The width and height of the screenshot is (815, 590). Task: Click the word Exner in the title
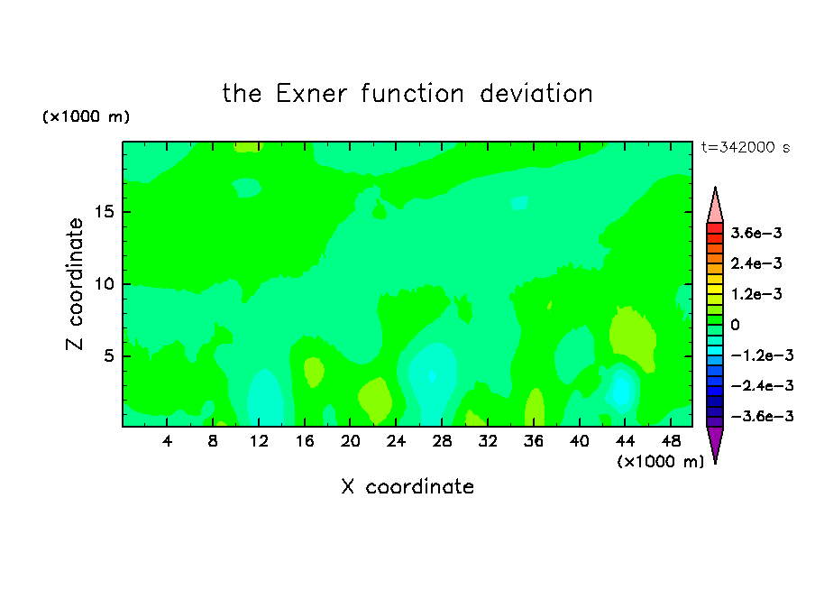coord(311,94)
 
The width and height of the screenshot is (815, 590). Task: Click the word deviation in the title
coord(536,94)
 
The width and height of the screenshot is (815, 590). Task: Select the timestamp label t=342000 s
coord(746,147)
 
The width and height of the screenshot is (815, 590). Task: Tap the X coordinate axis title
coord(407,486)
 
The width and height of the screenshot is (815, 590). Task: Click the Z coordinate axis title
coord(75,284)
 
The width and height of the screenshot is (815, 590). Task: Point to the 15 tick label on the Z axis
coord(105,212)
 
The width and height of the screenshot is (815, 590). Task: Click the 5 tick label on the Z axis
coord(109,355)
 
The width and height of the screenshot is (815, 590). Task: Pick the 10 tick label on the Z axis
coord(105,284)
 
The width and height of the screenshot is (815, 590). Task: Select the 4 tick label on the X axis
coord(167,441)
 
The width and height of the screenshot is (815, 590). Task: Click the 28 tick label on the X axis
coord(442,441)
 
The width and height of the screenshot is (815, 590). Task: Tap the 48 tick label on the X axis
coord(671,441)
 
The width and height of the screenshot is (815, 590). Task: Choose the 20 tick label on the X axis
coord(350,441)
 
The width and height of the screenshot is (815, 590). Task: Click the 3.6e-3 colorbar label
coord(756,233)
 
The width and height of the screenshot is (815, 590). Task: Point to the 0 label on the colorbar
coord(735,325)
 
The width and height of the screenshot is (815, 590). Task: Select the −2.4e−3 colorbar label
coord(762,385)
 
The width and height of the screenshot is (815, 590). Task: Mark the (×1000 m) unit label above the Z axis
coord(86,116)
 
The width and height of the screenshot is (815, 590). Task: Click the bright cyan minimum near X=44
coord(621,391)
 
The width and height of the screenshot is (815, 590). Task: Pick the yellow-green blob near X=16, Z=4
coord(314,372)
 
